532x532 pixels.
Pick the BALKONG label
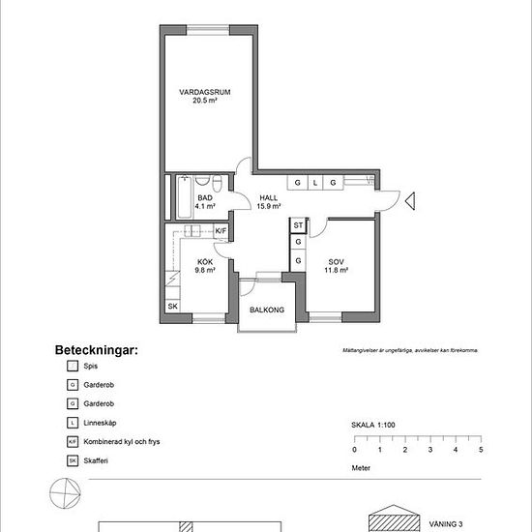266,310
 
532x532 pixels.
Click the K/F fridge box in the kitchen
221,231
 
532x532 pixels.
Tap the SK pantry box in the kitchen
173,307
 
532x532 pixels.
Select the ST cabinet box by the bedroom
298,225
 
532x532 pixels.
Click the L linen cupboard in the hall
314,182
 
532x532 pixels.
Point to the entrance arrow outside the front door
410,201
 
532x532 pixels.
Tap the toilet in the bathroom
219,183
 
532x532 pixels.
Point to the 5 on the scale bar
481,450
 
